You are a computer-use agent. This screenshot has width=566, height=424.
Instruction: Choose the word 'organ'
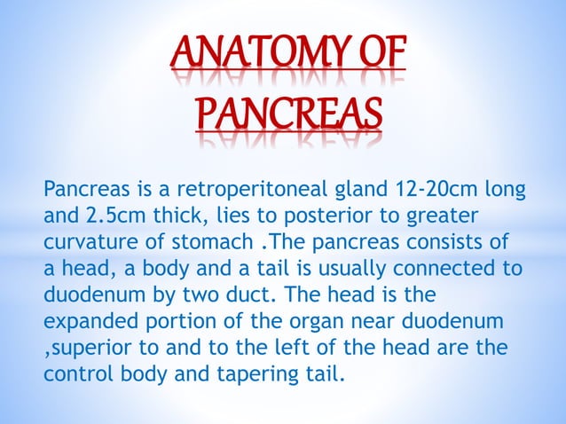297,319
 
